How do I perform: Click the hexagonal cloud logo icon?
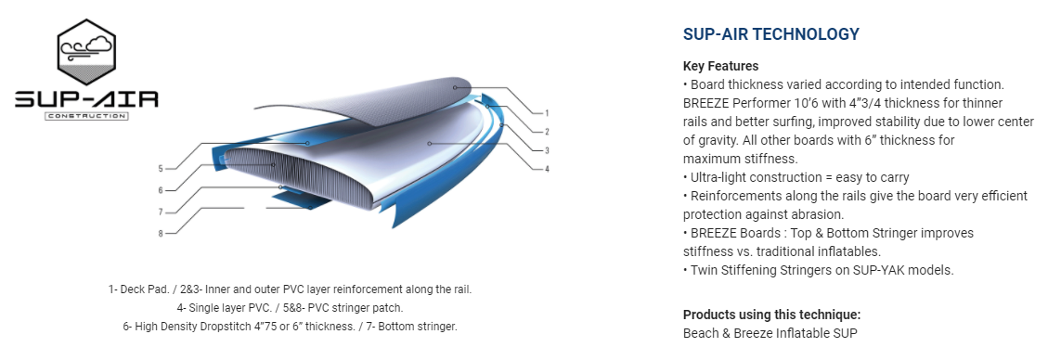coord(86,54)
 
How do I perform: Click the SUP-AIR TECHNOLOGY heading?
coord(770,34)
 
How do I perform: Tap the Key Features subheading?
coord(720,66)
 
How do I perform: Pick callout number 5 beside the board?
coord(161,169)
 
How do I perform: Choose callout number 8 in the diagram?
coord(161,234)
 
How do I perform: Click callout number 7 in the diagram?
coord(161,212)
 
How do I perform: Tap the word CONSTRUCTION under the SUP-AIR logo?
coord(86,116)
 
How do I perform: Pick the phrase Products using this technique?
coord(772,315)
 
